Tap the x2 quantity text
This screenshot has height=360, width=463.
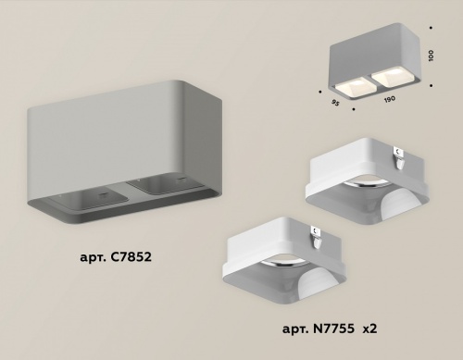[x=370, y=329]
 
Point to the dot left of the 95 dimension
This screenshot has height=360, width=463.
[x=319, y=92]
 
